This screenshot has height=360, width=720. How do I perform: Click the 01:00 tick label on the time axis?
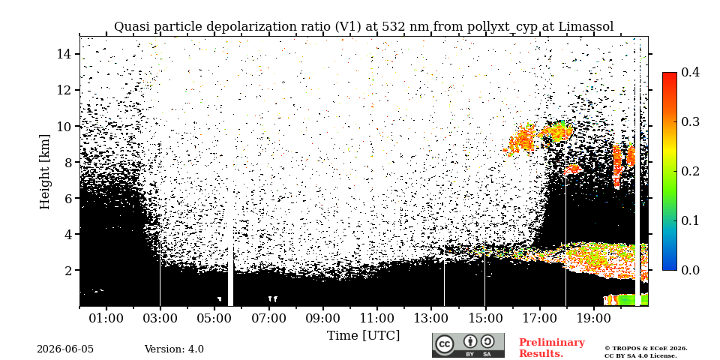click(106, 318)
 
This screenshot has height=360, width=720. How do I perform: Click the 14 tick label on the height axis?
click(64, 54)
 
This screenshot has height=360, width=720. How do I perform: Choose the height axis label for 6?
click(68, 198)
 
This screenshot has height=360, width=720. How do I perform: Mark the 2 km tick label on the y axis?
click(68, 270)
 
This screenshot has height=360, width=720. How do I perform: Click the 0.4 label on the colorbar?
click(690, 72)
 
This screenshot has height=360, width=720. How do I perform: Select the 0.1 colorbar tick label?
click(690, 220)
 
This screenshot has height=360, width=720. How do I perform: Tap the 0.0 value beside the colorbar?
click(690, 270)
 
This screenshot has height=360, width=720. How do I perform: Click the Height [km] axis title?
click(44, 172)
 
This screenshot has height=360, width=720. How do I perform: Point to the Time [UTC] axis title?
click(363, 336)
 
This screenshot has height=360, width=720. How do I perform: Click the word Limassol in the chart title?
click(586, 27)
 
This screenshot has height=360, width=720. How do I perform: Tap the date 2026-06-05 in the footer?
click(65, 349)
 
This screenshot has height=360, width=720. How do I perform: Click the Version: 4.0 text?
click(174, 349)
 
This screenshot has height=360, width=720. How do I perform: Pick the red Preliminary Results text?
click(552, 348)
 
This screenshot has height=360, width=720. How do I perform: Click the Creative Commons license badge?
click(468, 346)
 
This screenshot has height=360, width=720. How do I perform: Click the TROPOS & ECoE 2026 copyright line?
click(646, 349)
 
